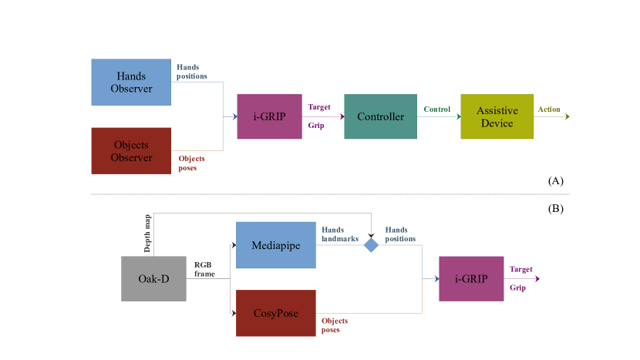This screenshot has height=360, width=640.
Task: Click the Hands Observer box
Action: [131, 82]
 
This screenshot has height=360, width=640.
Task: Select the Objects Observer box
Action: [131, 150]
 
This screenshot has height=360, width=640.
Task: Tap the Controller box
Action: [380, 116]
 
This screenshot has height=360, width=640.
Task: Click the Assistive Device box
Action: [497, 116]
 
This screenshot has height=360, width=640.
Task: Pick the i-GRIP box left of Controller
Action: [269, 116]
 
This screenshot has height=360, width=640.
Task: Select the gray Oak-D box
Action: [153, 278]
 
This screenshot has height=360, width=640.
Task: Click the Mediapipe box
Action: [275, 245]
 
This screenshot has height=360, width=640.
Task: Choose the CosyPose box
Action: [275, 313]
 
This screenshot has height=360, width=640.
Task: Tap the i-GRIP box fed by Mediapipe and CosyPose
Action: [471, 278]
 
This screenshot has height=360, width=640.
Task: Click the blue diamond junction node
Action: [371, 245]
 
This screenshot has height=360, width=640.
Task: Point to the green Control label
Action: [437, 109]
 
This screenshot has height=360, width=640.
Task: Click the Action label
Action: [549, 109]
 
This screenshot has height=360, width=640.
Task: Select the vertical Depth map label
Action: [147, 234]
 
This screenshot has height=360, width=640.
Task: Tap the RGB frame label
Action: [205, 268]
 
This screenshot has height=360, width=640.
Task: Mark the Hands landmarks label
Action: [340, 234]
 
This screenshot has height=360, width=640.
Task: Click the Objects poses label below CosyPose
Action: [335, 325]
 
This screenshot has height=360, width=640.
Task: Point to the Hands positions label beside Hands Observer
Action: [192, 72]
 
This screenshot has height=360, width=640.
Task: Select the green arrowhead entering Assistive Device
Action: [457, 117]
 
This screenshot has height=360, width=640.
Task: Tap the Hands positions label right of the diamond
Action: [400, 234]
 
